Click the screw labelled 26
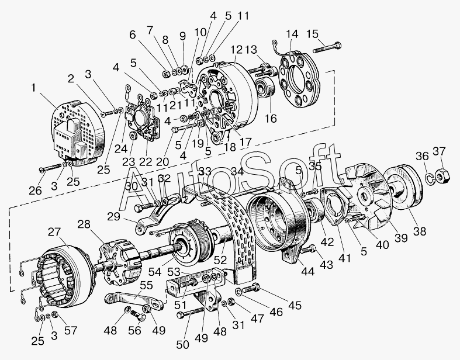click(x=51, y=168)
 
